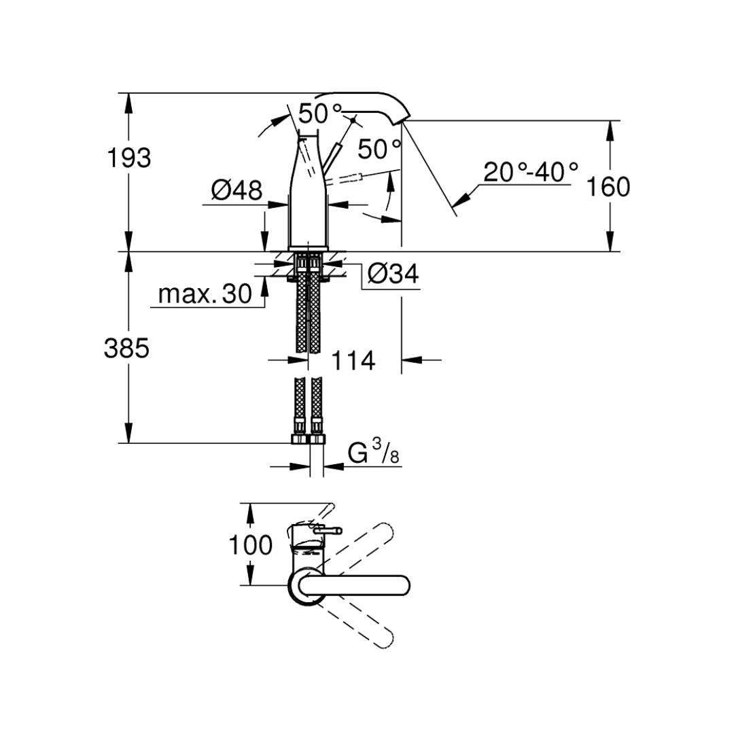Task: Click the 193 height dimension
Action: point(129,158)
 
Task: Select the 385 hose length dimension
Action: point(126,349)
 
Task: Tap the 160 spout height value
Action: point(608,186)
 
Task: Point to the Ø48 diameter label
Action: point(236,191)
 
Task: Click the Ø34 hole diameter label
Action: point(393,275)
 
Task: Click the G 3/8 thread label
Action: point(373,453)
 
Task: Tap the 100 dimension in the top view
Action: point(250,544)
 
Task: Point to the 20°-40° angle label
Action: point(531,173)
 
